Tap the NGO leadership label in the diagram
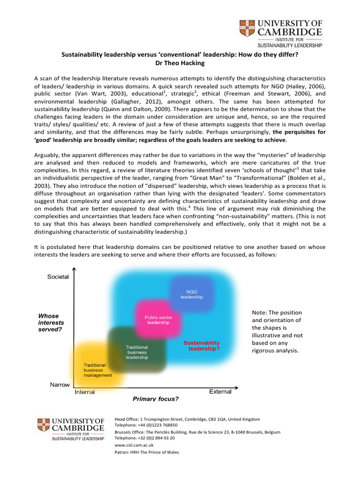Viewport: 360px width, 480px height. pos(192,294)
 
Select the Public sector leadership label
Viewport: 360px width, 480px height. pos(158,320)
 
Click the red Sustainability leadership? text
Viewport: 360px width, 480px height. pos(202,346)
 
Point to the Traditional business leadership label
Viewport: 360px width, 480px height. pos(137,352)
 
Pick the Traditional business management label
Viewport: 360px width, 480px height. pos(97,370)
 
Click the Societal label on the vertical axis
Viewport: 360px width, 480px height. pos(58,277)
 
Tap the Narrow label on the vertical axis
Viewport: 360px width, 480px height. pos(60,384)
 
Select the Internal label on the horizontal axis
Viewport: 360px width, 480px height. pos(84,392)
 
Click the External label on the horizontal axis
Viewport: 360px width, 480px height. pos(220,391)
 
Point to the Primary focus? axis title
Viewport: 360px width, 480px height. pos(156,399)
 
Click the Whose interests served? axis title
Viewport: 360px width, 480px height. pos(51,322)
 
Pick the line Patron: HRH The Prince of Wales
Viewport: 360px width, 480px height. pos(147,452)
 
